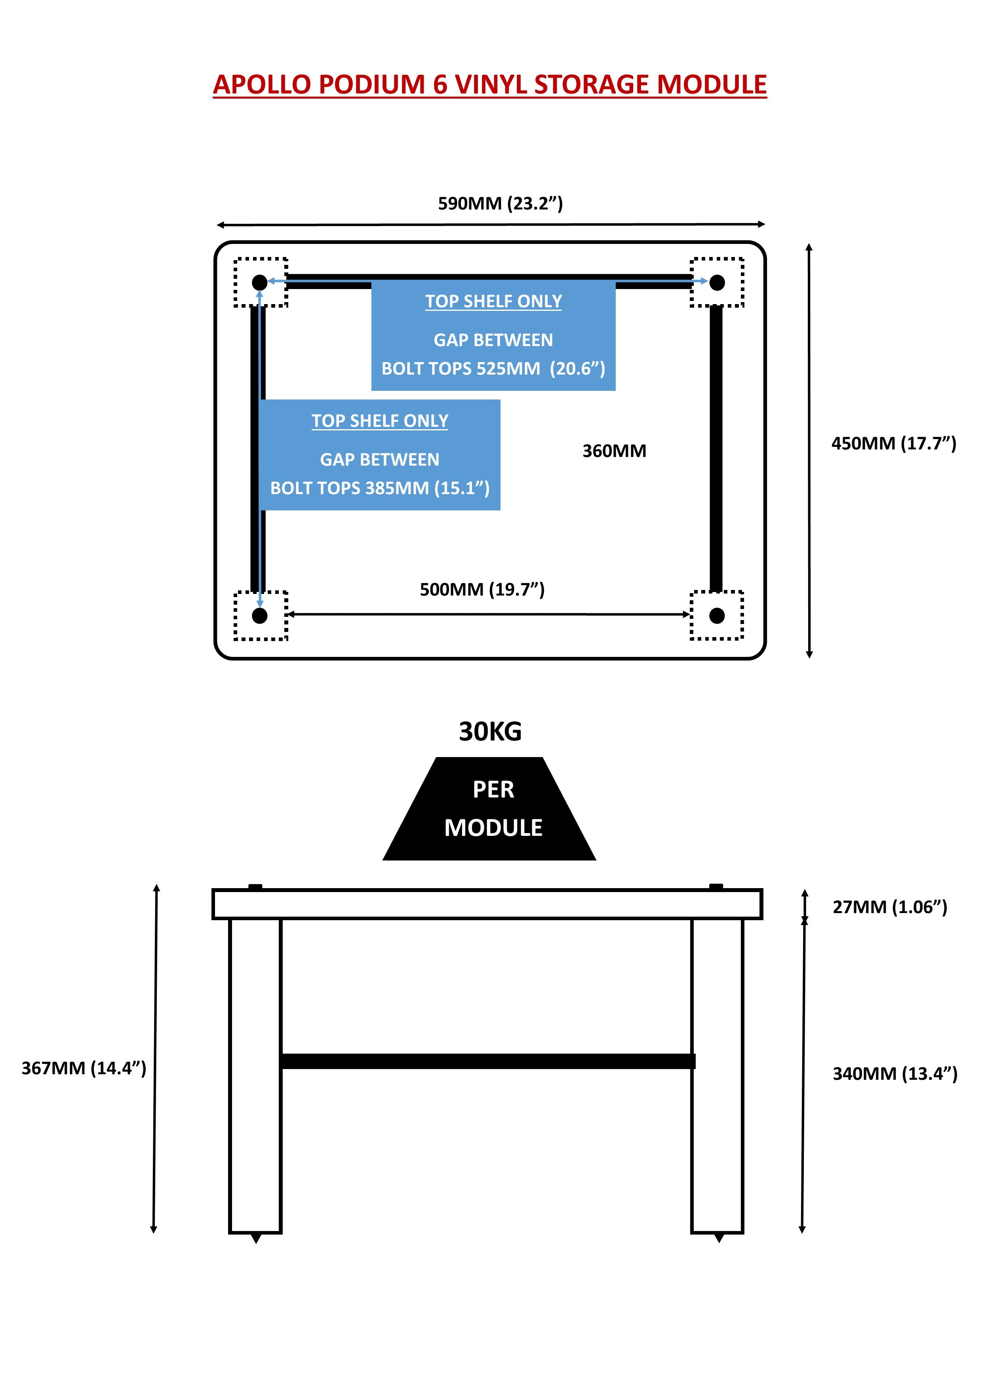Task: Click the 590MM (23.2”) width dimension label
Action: click(x=501, y=203)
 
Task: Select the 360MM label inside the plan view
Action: click(x=614, y=451)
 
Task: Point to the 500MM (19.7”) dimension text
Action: click(x=482, y=589)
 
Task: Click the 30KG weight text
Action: click(x=490, y=731)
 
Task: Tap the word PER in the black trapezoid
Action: click(x=493, y=790)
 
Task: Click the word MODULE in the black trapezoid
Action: click(x=493, y=828)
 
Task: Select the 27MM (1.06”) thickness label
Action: click(x=889, y=907)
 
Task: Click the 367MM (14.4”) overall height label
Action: click(x=84, y=1068)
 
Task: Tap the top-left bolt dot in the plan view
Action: click(x=260, y=282)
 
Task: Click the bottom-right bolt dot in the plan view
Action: click(x=717, y=616)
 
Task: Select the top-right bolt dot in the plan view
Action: click(x=717, y=282)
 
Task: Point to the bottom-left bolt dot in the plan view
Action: click(x=260, y=616)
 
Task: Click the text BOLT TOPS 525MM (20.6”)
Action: click(x=493, y=368)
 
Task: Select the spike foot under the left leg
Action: click(x=256, y=1238)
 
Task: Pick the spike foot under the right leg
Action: click(x=719, y=1238)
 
